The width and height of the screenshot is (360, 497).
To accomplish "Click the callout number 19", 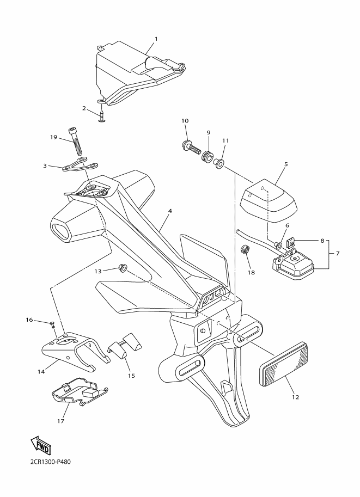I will tap(53, 137).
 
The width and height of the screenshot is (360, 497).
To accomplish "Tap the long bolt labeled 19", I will tap(77, 141).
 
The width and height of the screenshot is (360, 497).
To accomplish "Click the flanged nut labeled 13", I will tap(122, 268).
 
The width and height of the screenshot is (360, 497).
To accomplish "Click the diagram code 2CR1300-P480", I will tap(47, 462).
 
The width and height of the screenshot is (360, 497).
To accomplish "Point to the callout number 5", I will tap(286, 164).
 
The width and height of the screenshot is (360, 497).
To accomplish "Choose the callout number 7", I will tap(337, 254).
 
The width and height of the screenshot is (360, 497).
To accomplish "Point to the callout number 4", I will tap(170, 211).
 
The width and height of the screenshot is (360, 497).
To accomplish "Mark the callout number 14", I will tap(41, 372).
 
